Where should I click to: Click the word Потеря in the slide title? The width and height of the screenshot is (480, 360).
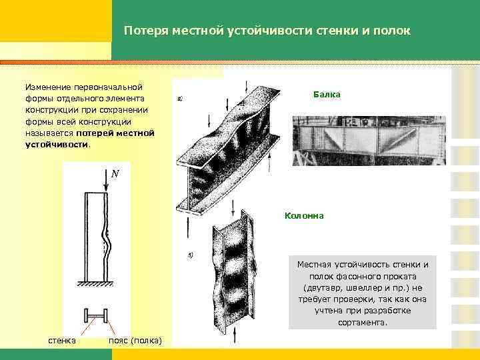(144, 31)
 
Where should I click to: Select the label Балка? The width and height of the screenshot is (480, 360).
(327, 95)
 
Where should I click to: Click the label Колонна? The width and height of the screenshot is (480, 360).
(304, 215)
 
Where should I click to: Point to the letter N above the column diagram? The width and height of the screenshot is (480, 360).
(115, 173)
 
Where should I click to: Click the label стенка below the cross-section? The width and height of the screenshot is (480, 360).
(62, 341)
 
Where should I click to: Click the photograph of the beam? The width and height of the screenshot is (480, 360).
(369, 139)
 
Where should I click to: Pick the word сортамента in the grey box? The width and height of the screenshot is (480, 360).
(363, 322)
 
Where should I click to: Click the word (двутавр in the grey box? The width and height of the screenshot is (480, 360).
(320, 288)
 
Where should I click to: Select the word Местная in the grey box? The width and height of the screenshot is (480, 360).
(314, 265)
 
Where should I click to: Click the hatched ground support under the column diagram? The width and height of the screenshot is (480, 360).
(97, 285)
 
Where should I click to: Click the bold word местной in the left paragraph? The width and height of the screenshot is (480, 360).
(137, 132)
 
